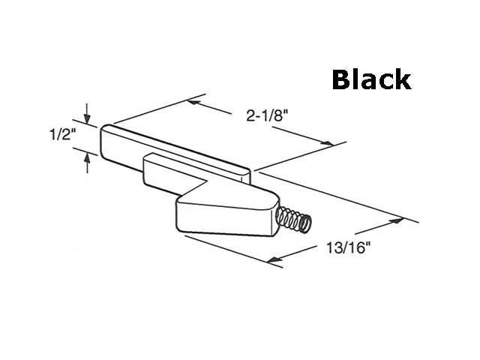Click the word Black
coord(371,79)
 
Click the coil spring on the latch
coord(293,220)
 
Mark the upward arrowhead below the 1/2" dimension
coord(88,154)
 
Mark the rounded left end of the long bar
coord(104,139)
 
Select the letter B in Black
coord(342,79)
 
